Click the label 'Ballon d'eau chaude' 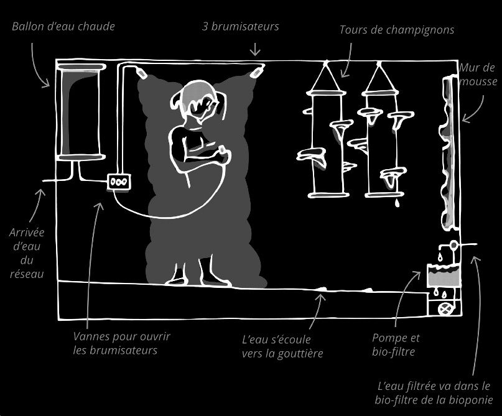coord(63,27)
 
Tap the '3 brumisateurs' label coord(241,27)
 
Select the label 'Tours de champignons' coord(397,29)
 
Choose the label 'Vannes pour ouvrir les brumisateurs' coord(121,343)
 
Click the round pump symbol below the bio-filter coord(445,308)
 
